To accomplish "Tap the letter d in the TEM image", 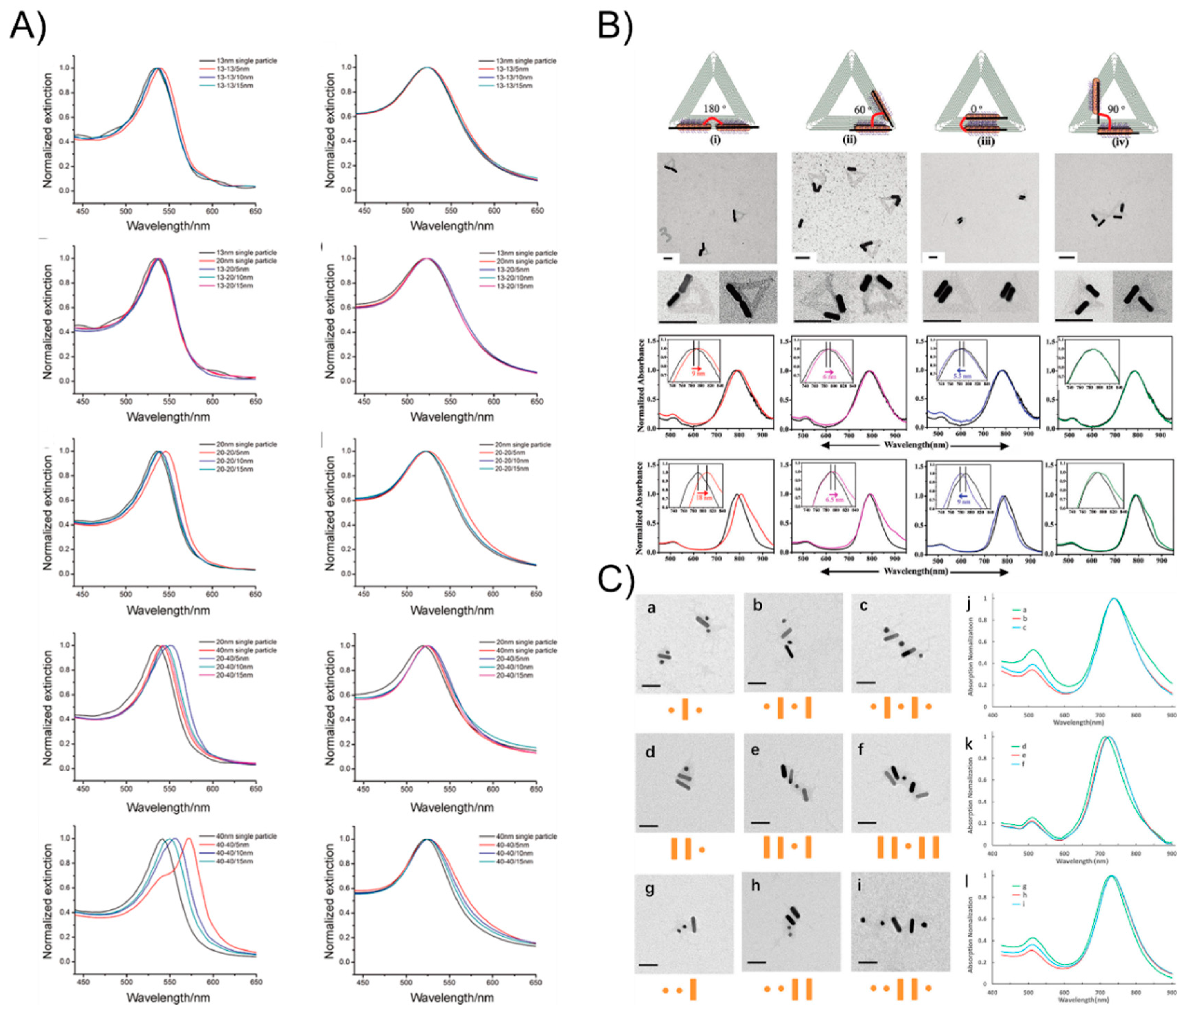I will click(650, 752).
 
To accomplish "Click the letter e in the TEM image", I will click(755, 752).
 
